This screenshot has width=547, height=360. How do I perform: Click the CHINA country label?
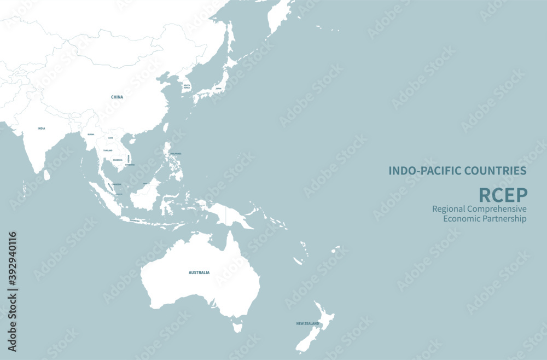[x=117, y=97]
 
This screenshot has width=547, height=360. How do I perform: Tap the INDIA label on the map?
[x=41, y=129]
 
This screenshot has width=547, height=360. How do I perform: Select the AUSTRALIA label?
[x=199, y=272]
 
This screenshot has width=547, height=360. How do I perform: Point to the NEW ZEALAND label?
[x=307, y=324]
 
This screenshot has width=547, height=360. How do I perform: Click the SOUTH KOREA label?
[x=187, y=86]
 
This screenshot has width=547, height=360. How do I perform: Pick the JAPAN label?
[x=219, y=88]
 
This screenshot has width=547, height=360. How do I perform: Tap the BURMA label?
[x=91, y=134]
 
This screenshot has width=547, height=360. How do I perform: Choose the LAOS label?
[x=110, y=138]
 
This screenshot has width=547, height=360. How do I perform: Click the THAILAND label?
[x=108, y=150]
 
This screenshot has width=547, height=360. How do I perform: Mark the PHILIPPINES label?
[x=175, y=154]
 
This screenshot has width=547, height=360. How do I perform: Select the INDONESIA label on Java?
[x=135, y=220]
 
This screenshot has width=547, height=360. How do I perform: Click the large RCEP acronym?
[x=503, y=194]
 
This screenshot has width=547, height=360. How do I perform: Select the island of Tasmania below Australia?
[x=237, y=327]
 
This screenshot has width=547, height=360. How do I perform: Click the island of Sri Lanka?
[x=47, y=175]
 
